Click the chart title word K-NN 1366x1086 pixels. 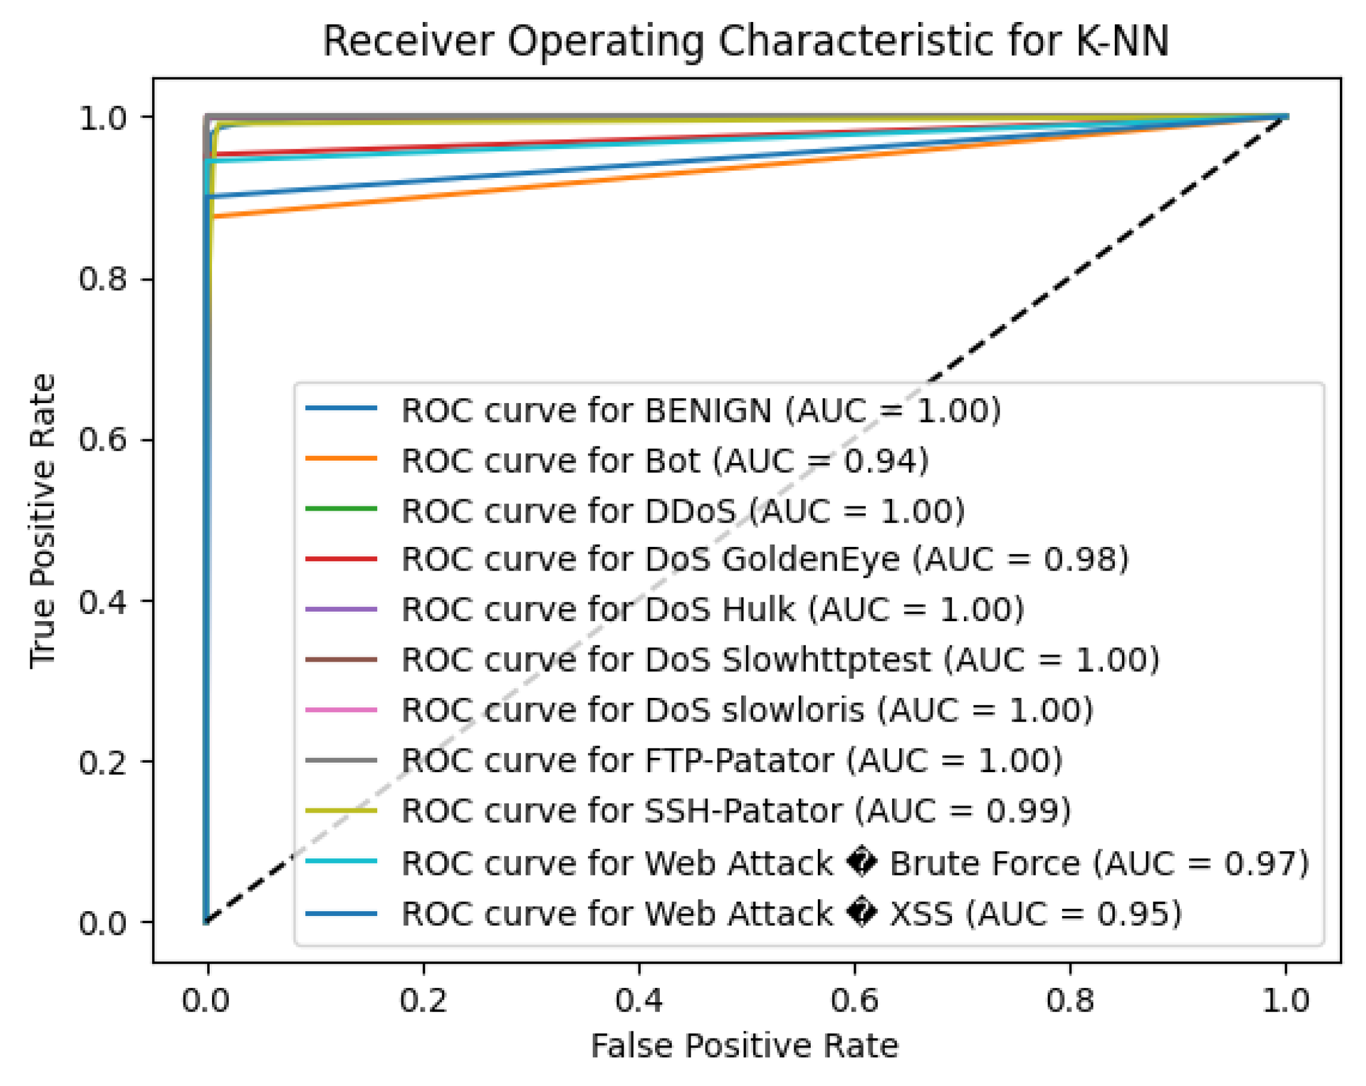tap(1121, 42)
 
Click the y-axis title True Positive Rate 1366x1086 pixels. tap(43, 521)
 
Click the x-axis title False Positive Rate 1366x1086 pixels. tap(744, 1046)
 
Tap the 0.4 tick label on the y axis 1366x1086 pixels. tap(103, 601)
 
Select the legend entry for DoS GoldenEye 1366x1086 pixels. tap(765, 559)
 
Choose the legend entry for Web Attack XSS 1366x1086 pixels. tap(791, 914)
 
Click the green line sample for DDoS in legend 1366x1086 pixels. tap(341, 508)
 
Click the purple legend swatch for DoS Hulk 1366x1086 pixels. tap(341, 609)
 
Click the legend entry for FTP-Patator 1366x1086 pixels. tap(731, 761)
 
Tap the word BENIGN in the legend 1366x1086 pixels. tap(708, 411)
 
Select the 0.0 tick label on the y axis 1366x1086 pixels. tap(103, 923)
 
